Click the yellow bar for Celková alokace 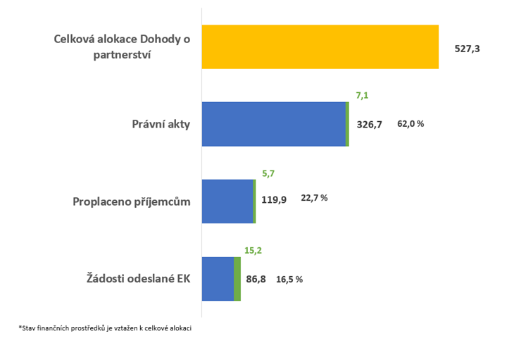tap(320, 47)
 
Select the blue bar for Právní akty tap(273, 124)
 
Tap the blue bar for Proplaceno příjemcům tap(227, 201)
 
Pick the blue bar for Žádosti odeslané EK tap(218, 279)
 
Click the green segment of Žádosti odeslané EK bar tap(237, 279)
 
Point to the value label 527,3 tap(467, 49)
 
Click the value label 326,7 tap(370, 125)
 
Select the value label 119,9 tap(274, 199)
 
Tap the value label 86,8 tap(256, 279)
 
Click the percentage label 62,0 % tap(410, 124)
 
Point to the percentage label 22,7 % tap(314, 199)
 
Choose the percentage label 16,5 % tap(289, 279)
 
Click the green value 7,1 tap(363, 94)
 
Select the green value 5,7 tap(268, 172)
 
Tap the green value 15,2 tap(253, 249)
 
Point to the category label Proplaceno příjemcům tap(132, 202)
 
